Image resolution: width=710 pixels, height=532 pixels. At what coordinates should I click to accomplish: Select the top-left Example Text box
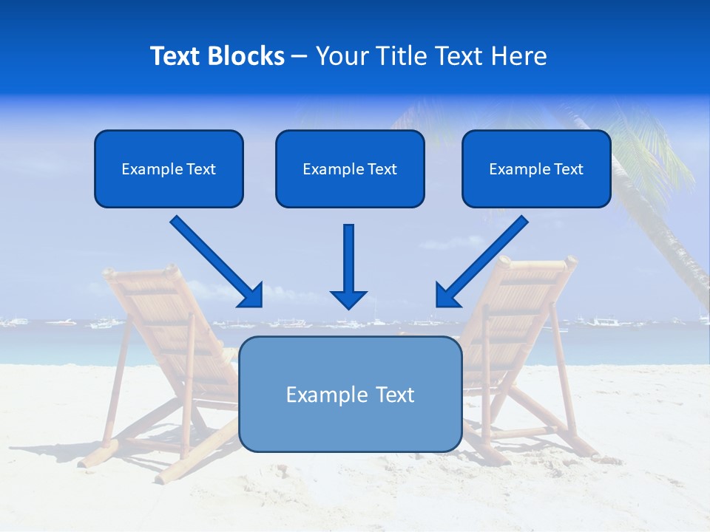pos(169,168)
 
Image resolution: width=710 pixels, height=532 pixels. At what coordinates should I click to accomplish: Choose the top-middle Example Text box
pos(350,168)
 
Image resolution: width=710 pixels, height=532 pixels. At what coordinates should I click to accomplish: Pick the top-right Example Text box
pos(536,168)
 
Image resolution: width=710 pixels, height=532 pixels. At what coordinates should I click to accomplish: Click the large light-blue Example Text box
pos(350,394)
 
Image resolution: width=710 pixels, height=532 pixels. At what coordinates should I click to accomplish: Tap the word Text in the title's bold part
pos(176,56)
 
